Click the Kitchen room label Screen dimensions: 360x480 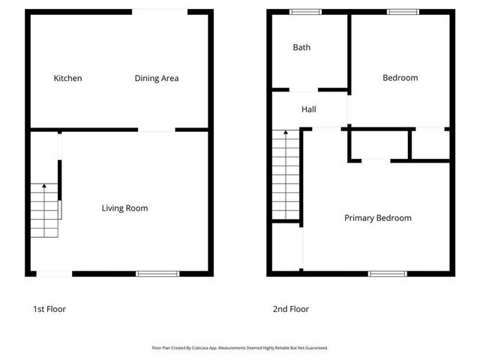click(67, 78)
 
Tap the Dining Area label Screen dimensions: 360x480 click(157, 78)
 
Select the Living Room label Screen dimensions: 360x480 click(124, 208)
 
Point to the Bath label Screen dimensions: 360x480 click(301, 47)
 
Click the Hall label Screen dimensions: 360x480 click(308, 109)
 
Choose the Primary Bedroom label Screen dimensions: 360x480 click(377, 218)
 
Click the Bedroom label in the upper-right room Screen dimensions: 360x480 click(400, 78)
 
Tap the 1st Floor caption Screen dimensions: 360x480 click(49, 309)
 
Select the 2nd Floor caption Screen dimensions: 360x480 click(291, 309)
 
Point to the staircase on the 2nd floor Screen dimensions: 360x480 click(285, 176)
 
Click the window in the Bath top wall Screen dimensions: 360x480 click(305, 11)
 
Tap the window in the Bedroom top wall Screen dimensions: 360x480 click(403, 11)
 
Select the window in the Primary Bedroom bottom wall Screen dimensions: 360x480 click(388, 273)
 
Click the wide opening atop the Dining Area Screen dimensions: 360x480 click(160, 11)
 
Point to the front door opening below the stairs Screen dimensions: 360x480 click(55, 273)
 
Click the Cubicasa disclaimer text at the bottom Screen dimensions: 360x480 click(240, 348)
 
